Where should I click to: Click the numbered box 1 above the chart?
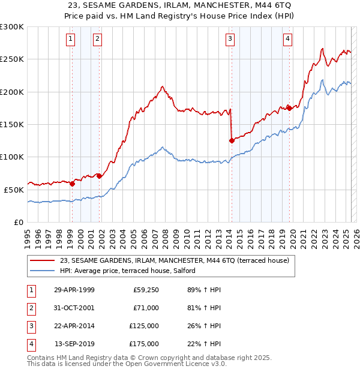click(71, 40)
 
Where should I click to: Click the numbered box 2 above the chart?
click(97, 40)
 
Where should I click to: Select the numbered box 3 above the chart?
click(230, 40)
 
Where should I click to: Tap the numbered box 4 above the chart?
click(288, 40)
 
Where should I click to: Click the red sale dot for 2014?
click(232, 140)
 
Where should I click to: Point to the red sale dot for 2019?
click(289, 108)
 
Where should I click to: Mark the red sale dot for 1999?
click(72, 184)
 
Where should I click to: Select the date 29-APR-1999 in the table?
click(74, 290)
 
